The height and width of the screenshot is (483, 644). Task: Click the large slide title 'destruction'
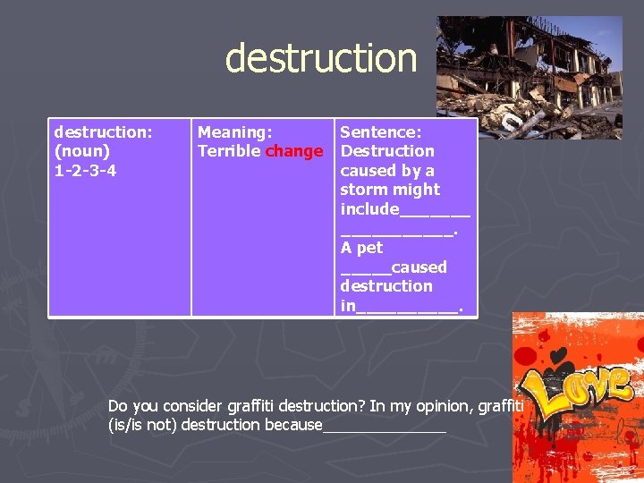pos(321,58)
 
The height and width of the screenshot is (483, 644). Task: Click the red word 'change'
pos(294,151)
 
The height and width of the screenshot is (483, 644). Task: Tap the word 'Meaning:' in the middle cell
pos(234,132)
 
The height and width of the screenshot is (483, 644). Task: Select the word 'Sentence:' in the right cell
pos(380,132)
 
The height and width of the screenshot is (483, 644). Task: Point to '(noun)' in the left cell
pos(82,151)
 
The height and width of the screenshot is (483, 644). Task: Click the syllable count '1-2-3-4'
pos(85,170)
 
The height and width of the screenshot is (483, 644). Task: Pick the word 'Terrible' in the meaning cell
pos(229,151)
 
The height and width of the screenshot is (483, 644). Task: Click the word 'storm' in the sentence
pos(362,190)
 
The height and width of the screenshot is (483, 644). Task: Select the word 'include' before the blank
pos(369,209)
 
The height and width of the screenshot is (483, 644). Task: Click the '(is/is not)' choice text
pos(141,425)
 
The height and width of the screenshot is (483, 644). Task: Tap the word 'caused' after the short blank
pos(419,267)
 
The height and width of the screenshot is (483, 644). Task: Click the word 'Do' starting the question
pos(118,406)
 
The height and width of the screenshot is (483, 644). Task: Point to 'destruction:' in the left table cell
pos(103,132)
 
